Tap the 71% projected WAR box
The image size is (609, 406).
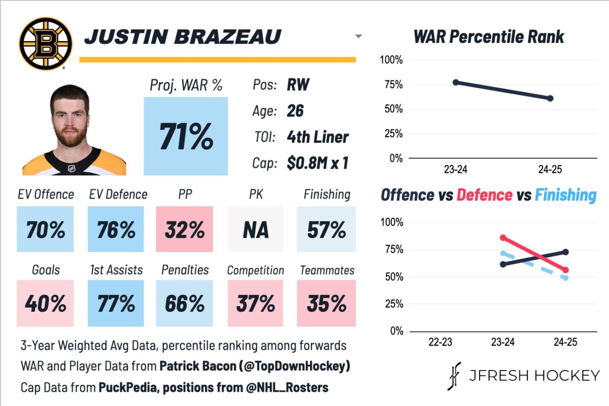186,136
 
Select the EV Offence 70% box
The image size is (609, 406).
45,230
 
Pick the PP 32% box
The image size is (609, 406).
185,230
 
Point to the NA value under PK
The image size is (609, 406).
255,230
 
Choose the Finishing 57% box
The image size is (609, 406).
326,230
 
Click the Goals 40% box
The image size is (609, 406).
45,304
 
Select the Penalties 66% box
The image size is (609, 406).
185,304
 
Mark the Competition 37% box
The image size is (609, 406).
255,304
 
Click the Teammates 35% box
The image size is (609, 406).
326,304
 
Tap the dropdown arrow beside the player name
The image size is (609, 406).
359,36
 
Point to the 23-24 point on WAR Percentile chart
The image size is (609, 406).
456,82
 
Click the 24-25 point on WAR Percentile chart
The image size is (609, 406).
551,98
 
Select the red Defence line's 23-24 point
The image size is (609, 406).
503,237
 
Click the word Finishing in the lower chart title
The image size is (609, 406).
565,195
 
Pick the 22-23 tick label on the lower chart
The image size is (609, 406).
439,342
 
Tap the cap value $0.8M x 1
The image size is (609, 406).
317,163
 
